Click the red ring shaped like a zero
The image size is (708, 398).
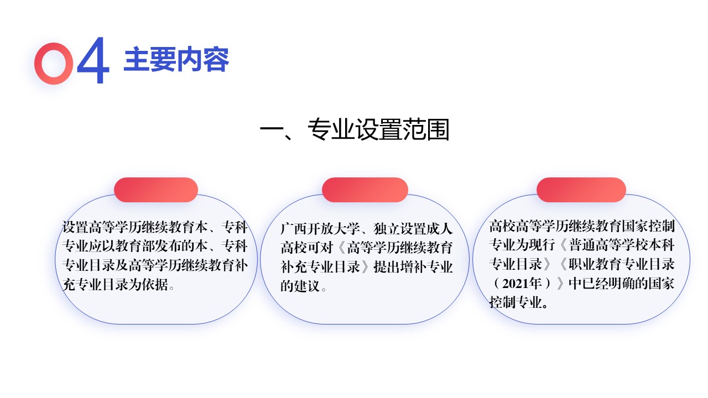tap(54, 63)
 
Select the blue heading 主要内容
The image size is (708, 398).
tap(176, 60)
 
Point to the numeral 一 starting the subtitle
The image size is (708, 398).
tap(271, 131)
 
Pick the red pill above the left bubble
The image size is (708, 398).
tap(156, 190)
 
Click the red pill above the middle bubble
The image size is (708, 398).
tap(365, 190)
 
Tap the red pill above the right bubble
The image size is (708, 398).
tap(581, 190)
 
